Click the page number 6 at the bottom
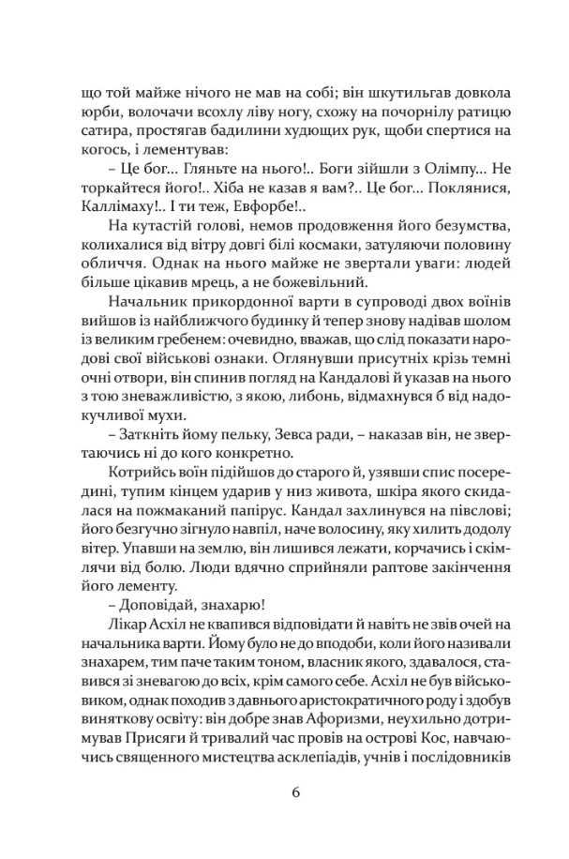coord(295,791)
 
